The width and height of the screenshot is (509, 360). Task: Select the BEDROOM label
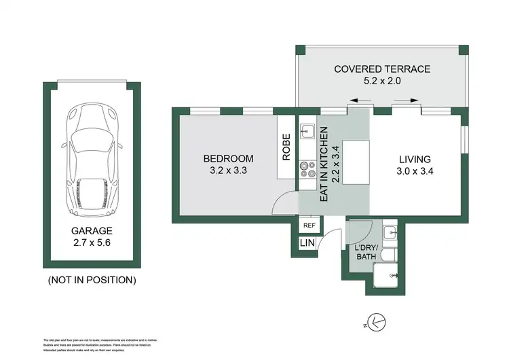tap(228, 159)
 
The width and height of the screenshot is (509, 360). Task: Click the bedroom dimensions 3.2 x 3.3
tap(228, 171)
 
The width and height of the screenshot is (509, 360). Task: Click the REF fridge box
tap(309, 226)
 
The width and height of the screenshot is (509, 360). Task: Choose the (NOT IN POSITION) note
tap(92, 279)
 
